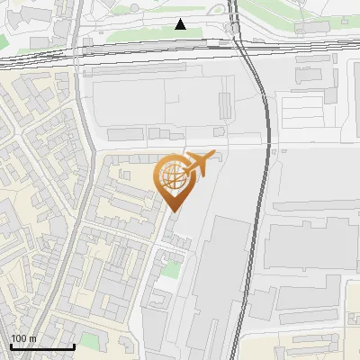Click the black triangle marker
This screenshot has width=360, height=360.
click(181, 24)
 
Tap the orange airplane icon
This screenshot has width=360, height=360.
click(199, 165)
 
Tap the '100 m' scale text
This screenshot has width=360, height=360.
click(23, 338)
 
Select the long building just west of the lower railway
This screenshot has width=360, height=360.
click(216, 288)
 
